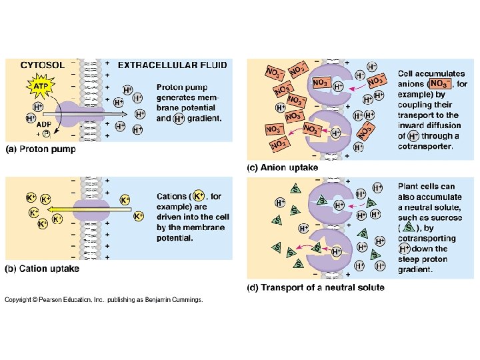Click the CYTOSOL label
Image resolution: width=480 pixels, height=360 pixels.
(43, 65)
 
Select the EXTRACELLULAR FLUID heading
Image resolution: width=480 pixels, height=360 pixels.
(172, 65)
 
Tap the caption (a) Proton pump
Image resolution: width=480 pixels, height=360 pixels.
(41, 149)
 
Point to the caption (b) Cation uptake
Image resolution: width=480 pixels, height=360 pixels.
(42, 269)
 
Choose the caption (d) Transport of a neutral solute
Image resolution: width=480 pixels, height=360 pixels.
(315, 287)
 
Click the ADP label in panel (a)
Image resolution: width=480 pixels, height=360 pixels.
(43, 123)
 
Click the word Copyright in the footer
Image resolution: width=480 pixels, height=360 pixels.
(21, 300)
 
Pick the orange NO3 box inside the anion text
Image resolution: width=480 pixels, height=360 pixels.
(439, 83)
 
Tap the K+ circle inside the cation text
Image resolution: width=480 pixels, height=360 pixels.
(199, 196)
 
